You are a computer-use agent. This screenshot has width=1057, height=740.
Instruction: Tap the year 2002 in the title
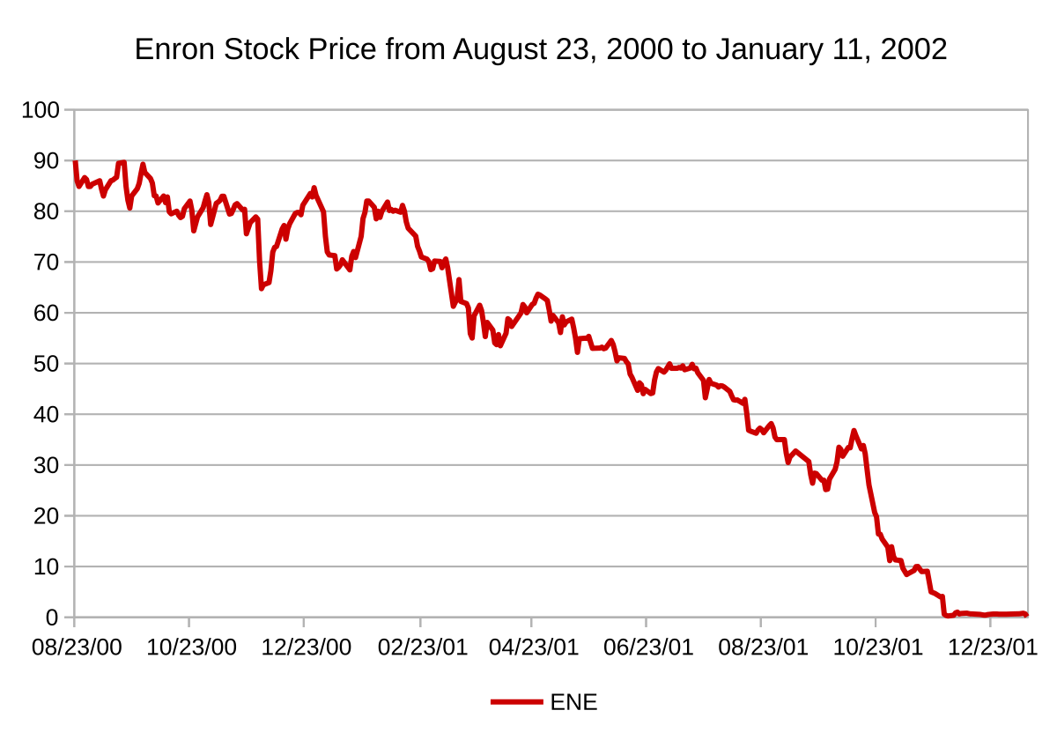click(x=917, y=49)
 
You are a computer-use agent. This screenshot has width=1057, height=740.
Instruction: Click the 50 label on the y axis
click(x=48, y=364)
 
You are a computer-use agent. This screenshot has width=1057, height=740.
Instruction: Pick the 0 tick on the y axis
click(x=54, y=618)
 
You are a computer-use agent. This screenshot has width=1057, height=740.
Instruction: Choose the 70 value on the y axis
click(x=48, y=263)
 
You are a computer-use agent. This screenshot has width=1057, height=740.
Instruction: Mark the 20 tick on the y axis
click(x=48, y=516)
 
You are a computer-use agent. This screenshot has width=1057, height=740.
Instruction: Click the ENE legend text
click(x=573, y=702)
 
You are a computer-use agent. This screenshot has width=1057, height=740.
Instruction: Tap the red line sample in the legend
click(x=516, y=702)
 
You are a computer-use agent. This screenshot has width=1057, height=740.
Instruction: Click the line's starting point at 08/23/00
click(x=75, y=162)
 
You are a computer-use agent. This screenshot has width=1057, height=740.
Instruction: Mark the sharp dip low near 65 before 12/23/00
click(x=262, y=288)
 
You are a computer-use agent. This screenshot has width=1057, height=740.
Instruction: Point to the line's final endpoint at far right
click(x=1027, y=615)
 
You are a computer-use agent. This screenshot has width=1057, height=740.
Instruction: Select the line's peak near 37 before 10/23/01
click(x=854, y=431)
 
